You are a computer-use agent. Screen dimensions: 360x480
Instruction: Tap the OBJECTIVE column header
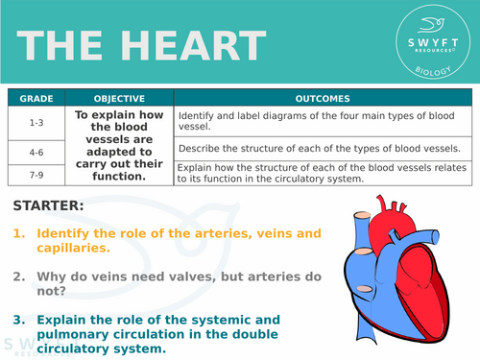click(120, 98)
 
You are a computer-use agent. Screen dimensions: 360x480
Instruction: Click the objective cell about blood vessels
click(120, 145)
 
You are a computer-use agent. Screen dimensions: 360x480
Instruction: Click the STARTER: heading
click(49, 204)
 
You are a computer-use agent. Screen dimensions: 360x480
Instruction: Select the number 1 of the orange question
click(18, 233)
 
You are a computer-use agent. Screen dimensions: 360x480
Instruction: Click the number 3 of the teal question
click(18, 320)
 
